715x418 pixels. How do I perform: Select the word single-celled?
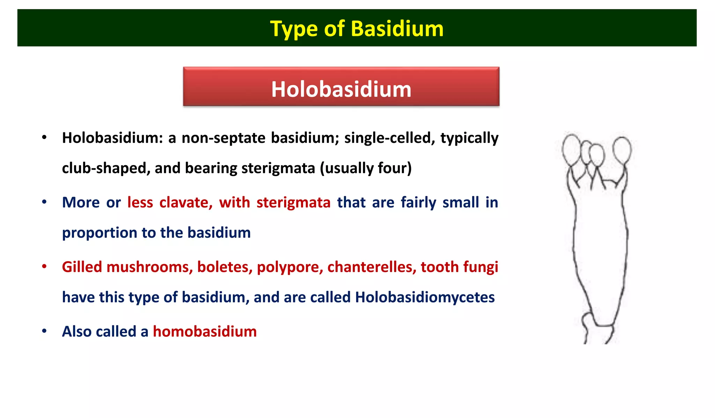coord(390,138)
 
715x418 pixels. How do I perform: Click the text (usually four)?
coord(366,168)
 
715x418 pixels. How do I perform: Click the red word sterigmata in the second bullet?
coord(293,203)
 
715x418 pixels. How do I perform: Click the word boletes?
coord(225,267)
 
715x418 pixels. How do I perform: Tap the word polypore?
coord(290,267)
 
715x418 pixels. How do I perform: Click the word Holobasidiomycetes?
coord(425,298)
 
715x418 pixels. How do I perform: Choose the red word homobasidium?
coord(205,332)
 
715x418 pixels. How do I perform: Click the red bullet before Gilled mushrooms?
coord(44,267)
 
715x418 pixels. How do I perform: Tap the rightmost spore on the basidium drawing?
coord(622,150)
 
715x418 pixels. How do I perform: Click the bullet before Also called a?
coord(44,331)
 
